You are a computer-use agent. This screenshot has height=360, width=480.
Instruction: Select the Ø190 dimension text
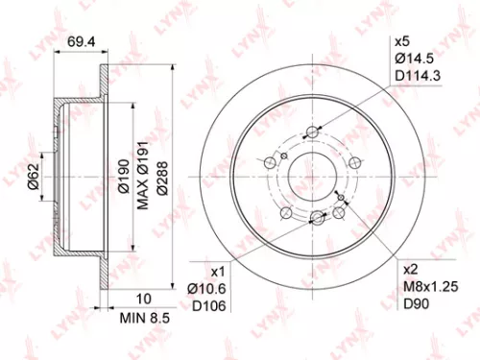point(124,177)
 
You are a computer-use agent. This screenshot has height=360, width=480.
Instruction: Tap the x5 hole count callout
point(403,41)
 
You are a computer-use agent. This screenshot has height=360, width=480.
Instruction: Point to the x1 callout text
point(216,272)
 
